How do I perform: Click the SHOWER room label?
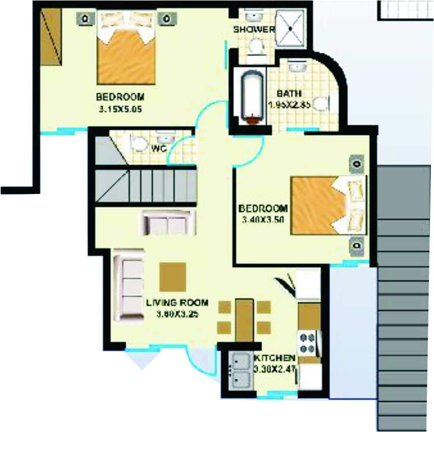click(x=254, y=30)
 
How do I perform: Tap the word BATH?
click(x=289, y=93)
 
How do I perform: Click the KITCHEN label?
click(x=275, y=358)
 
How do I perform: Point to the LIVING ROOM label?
click(x=177, y=303)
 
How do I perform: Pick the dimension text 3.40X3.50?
click(x=263, y=220)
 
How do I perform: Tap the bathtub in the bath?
click(x=250, y=98)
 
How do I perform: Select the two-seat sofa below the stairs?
click(x=169, y=223)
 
